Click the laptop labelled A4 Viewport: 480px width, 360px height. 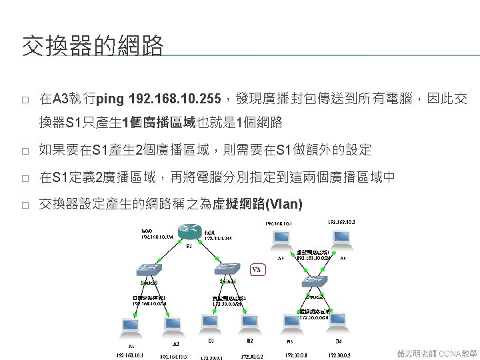point(341,239)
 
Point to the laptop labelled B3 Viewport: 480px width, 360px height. point(294,324)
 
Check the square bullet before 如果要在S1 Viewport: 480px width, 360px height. point(25,151)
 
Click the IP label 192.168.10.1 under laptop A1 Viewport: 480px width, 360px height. point(130,355)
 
